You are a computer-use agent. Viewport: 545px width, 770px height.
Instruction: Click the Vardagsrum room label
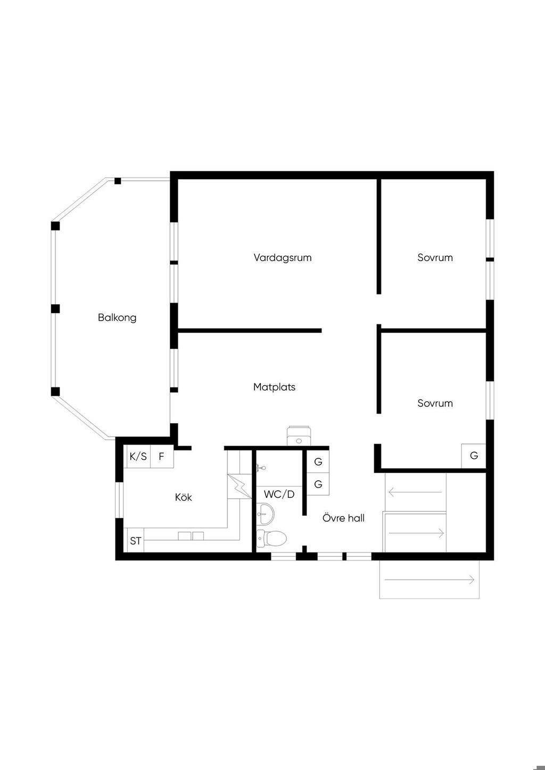[283, 258]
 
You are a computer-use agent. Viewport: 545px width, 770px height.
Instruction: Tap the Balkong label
[117, 317]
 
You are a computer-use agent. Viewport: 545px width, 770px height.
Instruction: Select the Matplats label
[274, 387]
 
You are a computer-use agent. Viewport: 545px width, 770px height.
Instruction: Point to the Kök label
[184, 497]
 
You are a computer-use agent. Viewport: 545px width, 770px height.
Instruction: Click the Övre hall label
[343, 518]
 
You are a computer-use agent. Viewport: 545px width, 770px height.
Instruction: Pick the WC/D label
[279, 495]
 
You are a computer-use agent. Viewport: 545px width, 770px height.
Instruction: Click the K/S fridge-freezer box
[138, 456]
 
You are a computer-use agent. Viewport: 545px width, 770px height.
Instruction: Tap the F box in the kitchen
[162, 456]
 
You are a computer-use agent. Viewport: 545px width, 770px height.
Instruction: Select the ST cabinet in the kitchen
[136, 541]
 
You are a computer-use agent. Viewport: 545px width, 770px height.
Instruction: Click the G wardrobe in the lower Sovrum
[474, 456]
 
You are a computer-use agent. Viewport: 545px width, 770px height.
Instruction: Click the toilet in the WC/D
[271, 538]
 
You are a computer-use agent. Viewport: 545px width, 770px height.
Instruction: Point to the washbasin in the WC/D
[265, 514]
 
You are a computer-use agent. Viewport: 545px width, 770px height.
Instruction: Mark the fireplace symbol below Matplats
[299, 436]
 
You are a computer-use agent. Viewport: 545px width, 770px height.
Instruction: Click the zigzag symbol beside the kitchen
[240, 486]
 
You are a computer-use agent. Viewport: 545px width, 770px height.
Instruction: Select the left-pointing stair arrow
[415, 492]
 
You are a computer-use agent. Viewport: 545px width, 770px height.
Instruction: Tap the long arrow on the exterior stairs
[430, 580]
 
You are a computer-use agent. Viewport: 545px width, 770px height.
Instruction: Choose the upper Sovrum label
[435, 258]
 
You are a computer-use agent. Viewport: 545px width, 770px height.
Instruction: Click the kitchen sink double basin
[191, 536]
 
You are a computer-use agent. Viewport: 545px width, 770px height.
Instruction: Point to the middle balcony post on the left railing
[55, 308]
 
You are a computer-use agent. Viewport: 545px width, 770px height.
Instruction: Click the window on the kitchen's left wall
[119, 500]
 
